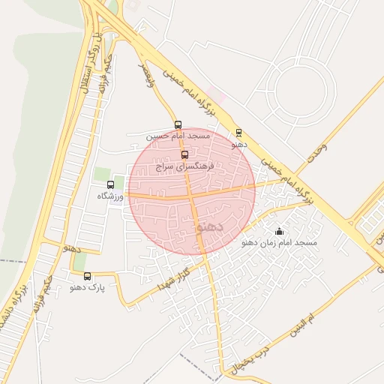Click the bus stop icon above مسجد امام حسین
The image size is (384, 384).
click(178, 124)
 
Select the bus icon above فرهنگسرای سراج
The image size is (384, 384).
click(185, 154)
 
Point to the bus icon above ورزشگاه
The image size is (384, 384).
click(111, 184)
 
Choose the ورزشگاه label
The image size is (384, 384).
click(111, 196)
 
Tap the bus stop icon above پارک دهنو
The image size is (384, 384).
click(88, 276)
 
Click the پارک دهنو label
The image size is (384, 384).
click(88, 287)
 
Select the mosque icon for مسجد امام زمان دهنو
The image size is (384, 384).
click(280, 231)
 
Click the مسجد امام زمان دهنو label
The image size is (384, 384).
click(280, 243)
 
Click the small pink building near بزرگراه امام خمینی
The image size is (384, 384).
click(213, 92)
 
